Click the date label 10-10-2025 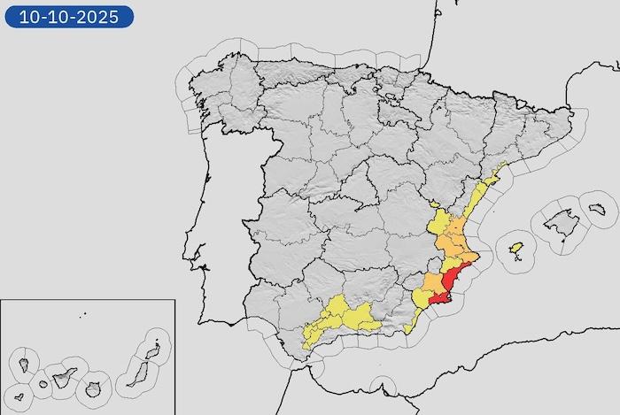69,16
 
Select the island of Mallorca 560,220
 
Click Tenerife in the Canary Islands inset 65,379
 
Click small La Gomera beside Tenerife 42,384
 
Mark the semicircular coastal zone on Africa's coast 383,387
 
